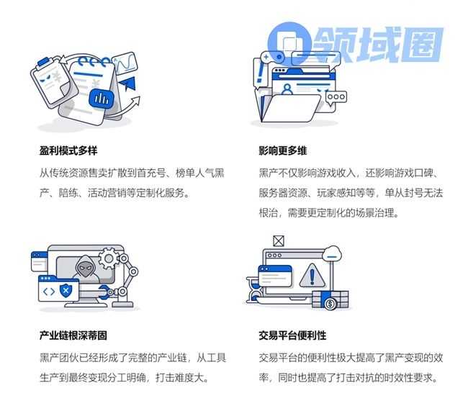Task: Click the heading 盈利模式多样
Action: tap(68, 150)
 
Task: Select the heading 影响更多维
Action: tap(283, 150)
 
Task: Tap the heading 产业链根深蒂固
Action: tap(73, 335)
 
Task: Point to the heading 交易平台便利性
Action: tap(292, 335)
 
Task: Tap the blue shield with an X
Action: tap(66, 290)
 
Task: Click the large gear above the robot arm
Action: tap(109, 258)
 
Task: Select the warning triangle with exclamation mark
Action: tap(312, 276)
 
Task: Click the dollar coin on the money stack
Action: tap(330, 304)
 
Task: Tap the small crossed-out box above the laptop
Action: tap(279, 240)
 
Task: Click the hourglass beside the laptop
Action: tap(254, 290)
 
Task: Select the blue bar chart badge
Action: tap(102, 98)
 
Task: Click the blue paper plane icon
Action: tap(128, 84)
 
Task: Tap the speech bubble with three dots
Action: tap(336, 97)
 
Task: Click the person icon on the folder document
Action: tap(287, 89)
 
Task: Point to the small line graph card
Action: tap(125, 63)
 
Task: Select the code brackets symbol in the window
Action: tap(49, 291)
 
